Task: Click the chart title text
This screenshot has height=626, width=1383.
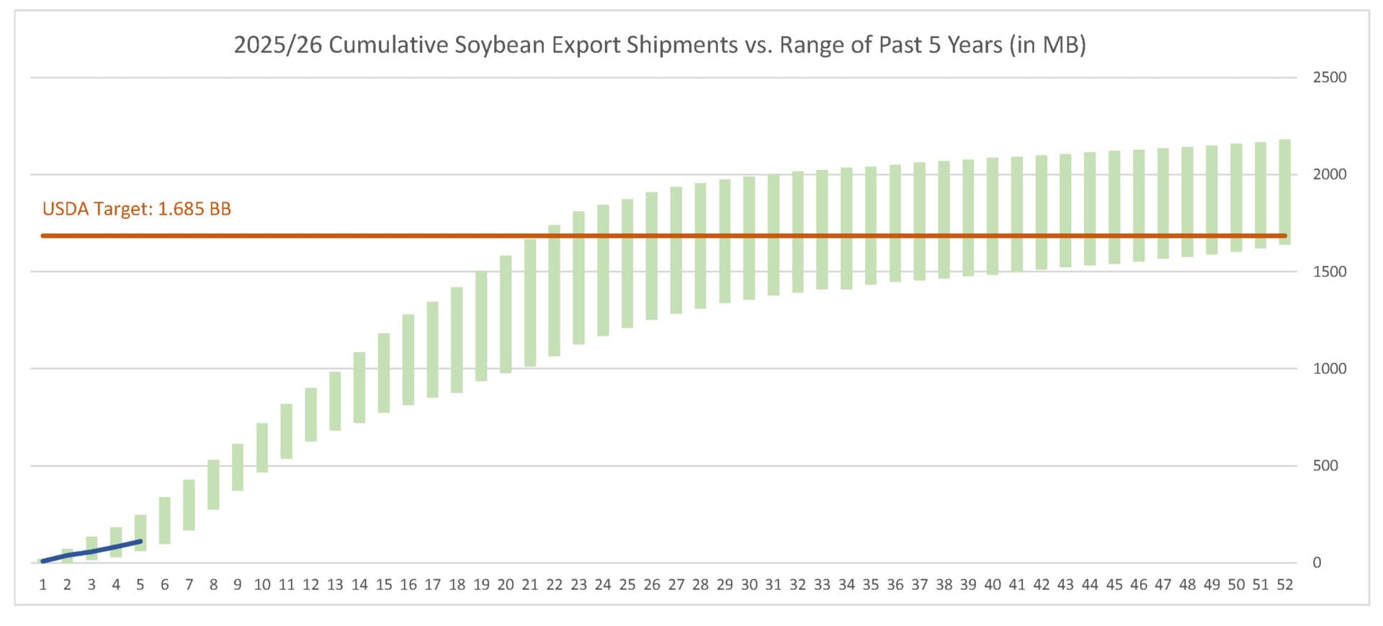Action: point(659,45)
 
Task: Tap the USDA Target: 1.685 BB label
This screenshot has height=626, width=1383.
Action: point(137,209)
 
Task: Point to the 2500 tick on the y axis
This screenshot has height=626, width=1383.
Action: point(1329,78)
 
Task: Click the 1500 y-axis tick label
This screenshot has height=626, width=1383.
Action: point(1329,272)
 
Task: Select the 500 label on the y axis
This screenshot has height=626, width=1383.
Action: point(1325,465)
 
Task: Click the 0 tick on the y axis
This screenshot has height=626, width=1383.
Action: point(1317,563)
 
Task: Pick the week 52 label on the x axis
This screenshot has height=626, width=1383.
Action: point(1284,585)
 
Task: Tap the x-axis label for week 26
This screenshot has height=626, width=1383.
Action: point(651,585)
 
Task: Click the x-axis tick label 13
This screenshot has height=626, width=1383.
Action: point(335,585)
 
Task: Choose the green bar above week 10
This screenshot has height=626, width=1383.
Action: point(262,447)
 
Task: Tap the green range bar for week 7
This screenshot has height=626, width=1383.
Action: point(189,504)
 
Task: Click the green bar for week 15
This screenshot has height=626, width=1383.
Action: point(384,372)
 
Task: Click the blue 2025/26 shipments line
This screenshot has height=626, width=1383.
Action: point(91,551)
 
